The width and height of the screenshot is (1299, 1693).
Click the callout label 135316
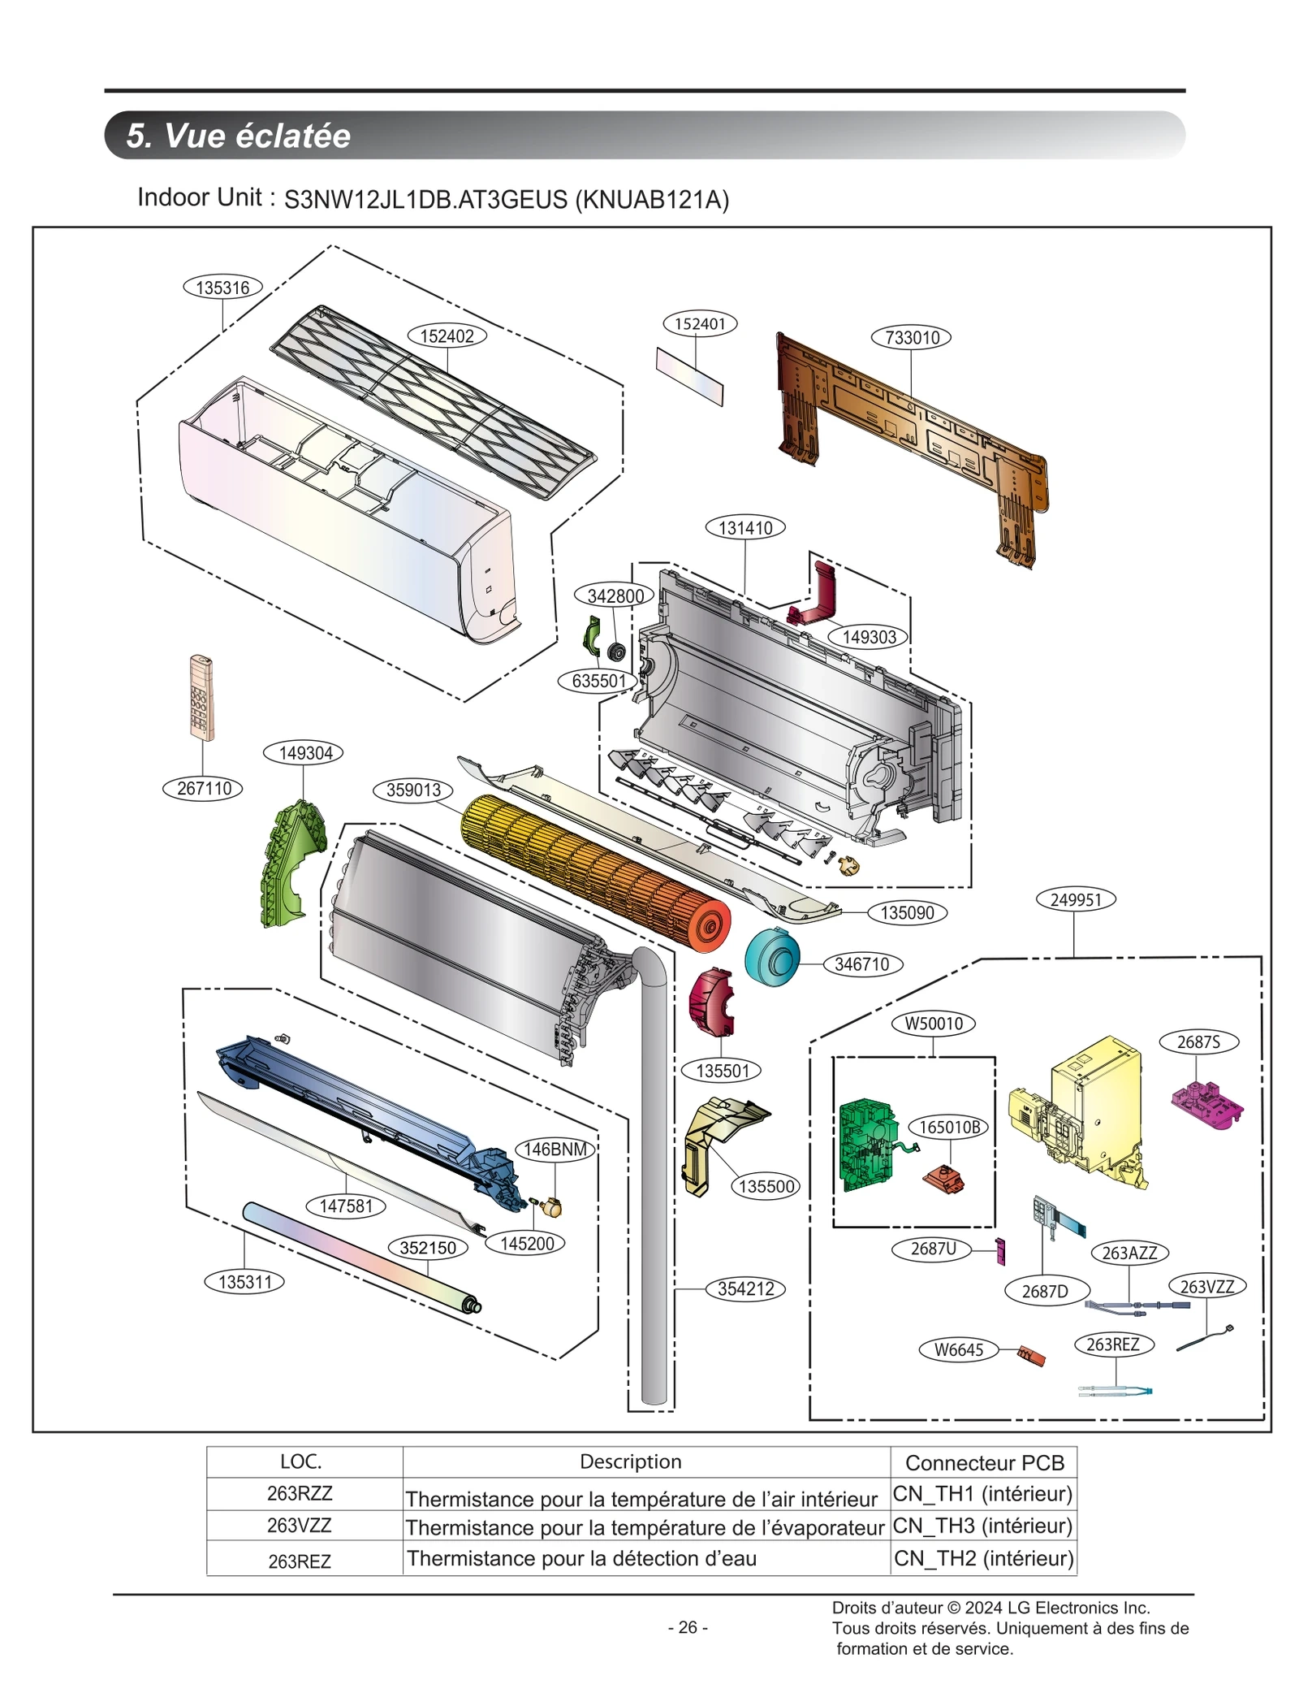point(222,287)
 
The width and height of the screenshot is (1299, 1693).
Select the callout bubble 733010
point(911,337)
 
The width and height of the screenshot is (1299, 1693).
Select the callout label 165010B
point(949,1127)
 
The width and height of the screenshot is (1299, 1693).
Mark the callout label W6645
point(958,1349)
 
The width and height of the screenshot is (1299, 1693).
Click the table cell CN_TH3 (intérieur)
point(982,1526)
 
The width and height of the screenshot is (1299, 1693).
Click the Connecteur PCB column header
point(984,1462)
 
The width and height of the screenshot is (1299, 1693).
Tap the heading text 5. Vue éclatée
point(238,136)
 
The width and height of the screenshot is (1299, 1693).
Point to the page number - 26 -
point(688,1627)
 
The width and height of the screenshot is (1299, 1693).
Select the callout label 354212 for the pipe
point(745,1289)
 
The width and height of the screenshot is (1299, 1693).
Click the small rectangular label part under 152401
point(689,376)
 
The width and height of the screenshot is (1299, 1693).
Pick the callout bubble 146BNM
point(555,1149)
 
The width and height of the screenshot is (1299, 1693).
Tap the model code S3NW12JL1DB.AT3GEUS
point(425,200)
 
